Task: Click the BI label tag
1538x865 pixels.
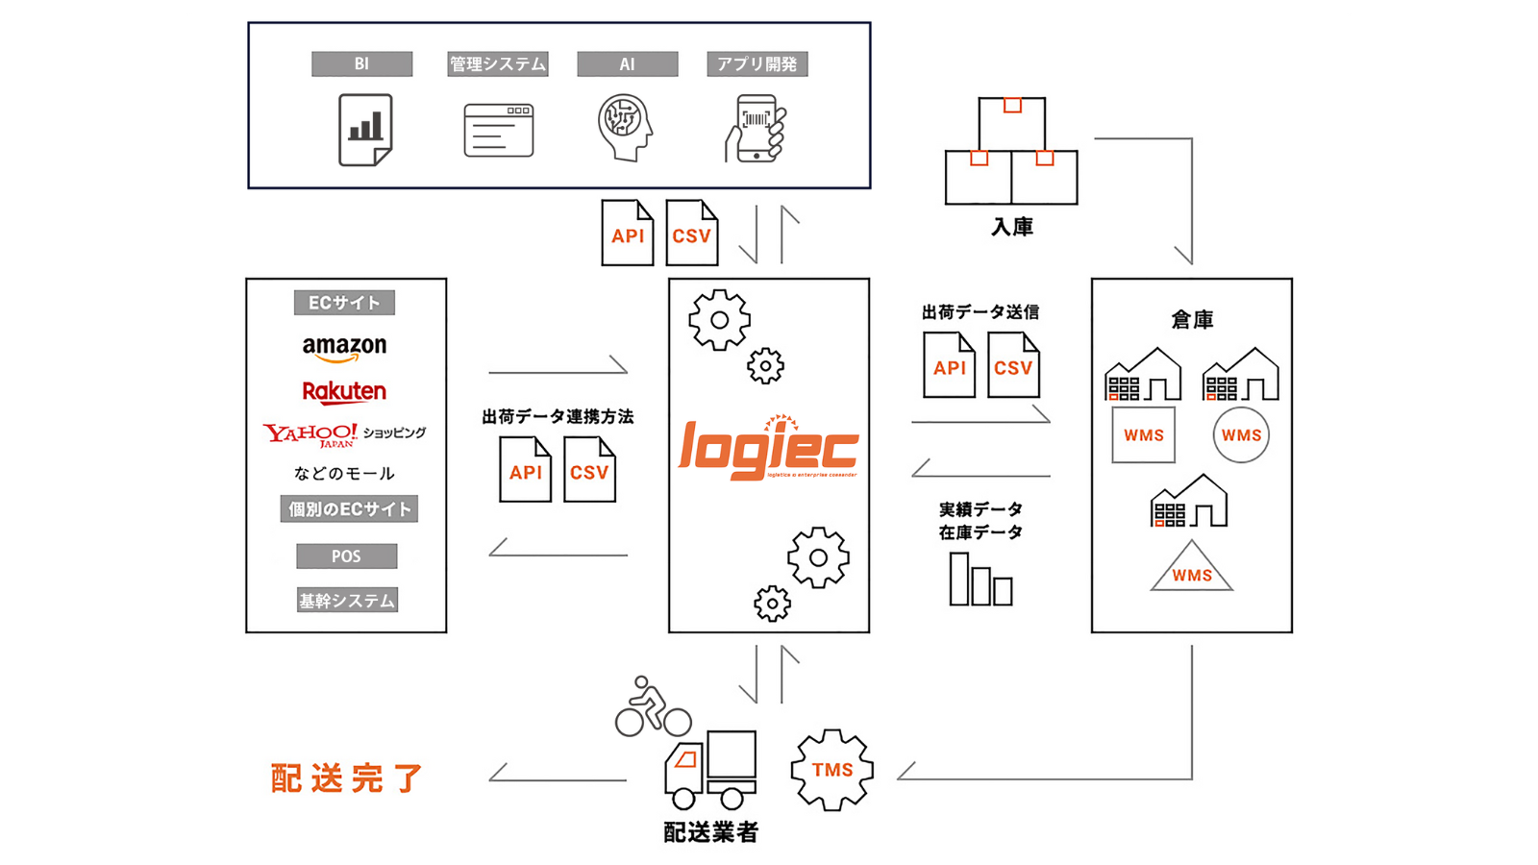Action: (x=361, y=64)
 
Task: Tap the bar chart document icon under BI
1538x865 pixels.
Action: (x=365, y=130)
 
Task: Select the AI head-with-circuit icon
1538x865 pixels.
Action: (x=625, y=127)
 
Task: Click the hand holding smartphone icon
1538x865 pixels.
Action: (x=757, y=129)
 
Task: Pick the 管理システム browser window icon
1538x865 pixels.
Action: (x=498, y=131)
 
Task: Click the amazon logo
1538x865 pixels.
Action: (x=344, y=348)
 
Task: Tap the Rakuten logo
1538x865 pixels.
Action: (x=344, y=392)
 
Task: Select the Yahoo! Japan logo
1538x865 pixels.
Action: (x=310, y=434)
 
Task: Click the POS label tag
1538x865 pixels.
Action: (x=346, y=556)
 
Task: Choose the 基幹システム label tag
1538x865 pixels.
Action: (x=347, y=601)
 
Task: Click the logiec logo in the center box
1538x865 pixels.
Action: (x=768, y=449)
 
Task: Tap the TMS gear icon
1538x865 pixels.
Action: (x=831, y=770)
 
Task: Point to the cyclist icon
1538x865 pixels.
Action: (x=652, y=707)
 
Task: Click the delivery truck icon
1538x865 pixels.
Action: (x=710, y=770)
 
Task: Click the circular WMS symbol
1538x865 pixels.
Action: (x=1241, y=435)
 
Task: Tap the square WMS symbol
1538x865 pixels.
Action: (x=1143, y=435)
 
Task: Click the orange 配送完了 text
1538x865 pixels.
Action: (x=347, y=778)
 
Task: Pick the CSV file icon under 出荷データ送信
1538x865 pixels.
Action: (x=1013, y=365)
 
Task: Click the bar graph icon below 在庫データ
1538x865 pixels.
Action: (x=980, y=580)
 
